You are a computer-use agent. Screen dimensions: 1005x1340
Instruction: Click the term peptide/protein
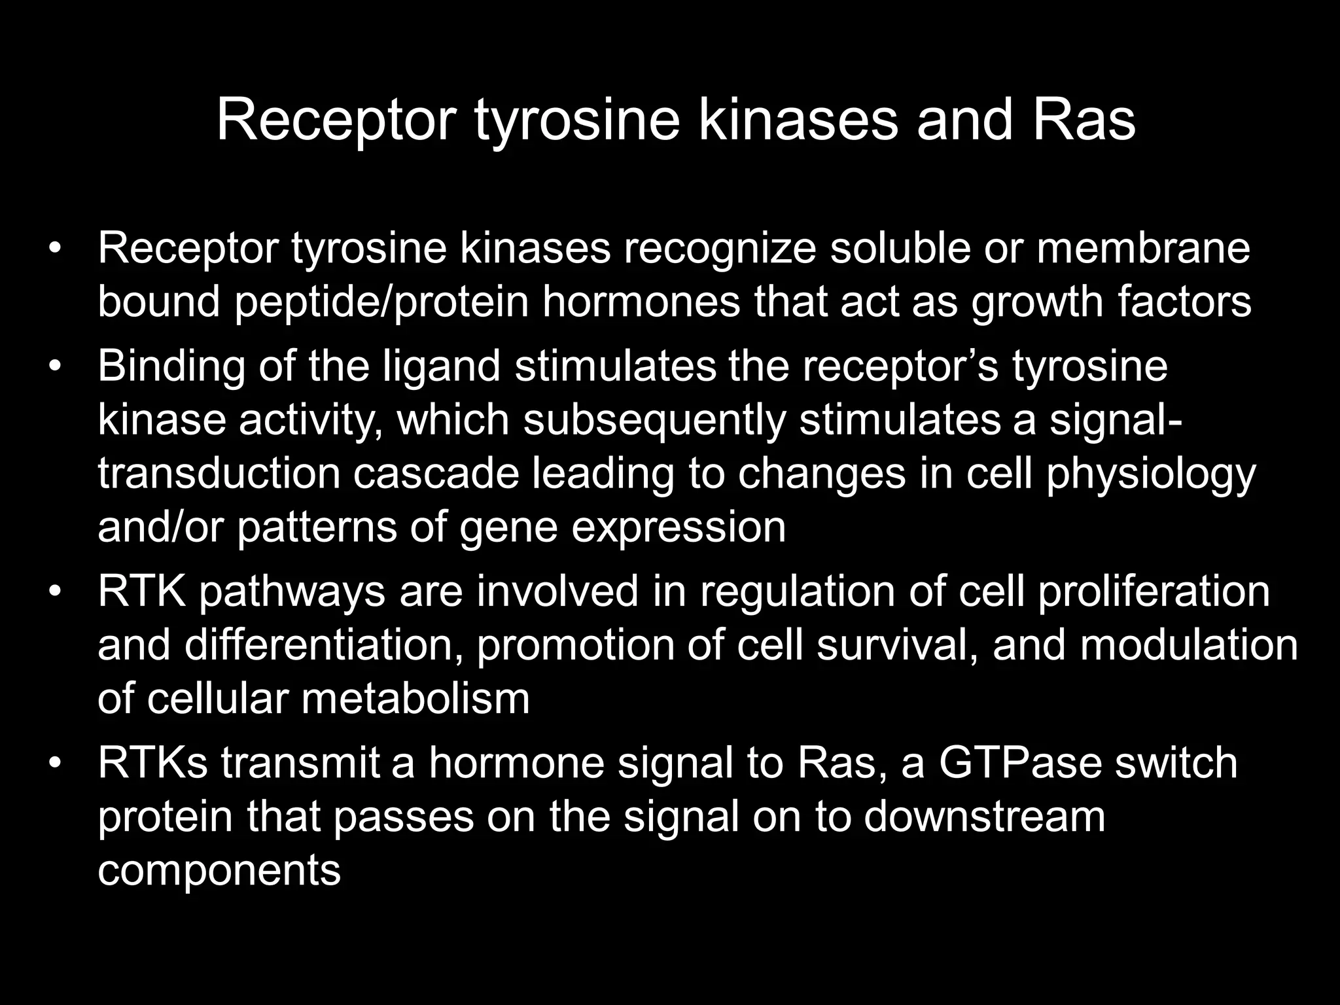381,302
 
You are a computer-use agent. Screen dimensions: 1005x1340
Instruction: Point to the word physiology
1151,474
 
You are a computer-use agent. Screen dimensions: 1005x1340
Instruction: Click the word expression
679,528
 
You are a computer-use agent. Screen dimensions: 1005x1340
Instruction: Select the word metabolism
415,698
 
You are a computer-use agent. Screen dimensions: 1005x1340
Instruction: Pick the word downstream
984,817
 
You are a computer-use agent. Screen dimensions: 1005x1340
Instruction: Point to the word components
219,870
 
